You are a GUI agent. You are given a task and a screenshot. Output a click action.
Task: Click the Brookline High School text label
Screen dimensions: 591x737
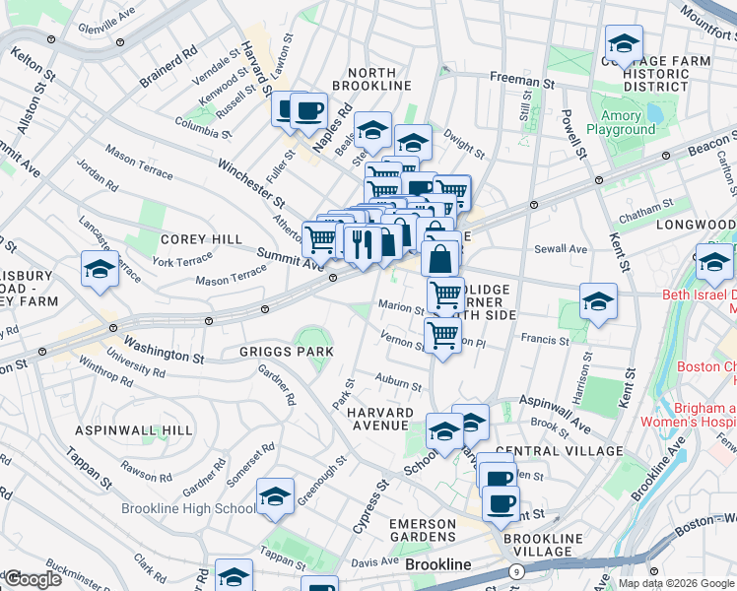(x=188, y=508)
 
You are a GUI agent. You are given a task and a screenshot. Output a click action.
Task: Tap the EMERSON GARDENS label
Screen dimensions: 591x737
(x=423, y=532)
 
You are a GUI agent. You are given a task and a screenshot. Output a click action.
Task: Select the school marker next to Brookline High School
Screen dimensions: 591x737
(x=275, y=498)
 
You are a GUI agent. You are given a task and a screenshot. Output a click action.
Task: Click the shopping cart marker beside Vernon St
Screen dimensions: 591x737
(x=443, y=336)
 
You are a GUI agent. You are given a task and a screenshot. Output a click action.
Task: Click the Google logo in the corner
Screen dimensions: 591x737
(x=33, y=578)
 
